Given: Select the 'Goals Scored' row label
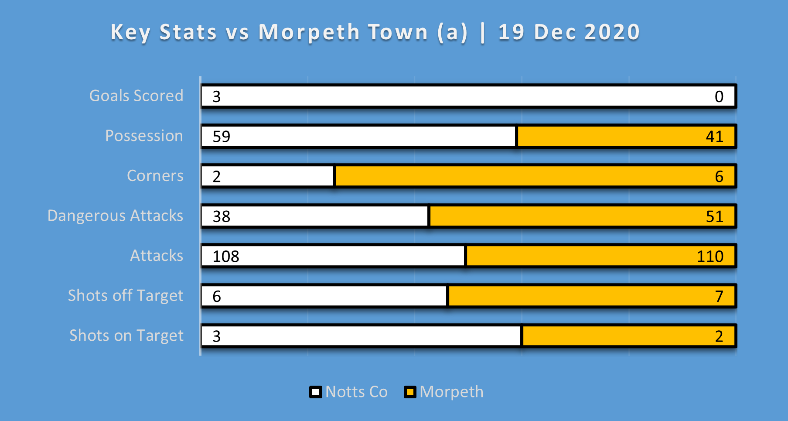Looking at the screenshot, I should point(136,96).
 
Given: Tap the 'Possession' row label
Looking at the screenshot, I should point(144,136).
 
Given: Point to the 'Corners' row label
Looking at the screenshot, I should point(155,175).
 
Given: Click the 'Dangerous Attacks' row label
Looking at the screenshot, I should point(115,216).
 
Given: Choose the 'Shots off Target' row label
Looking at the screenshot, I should point(126,295).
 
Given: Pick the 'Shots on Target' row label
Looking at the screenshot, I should point(126,335).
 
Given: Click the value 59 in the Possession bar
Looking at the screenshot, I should point(221,137).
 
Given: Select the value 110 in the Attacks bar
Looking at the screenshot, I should point(710,256).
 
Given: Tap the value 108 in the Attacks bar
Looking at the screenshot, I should point(226,256).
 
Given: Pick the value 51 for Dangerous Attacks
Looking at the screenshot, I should point(714,216).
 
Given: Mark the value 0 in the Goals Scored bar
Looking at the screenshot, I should point(719,96).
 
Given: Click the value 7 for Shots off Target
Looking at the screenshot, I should point(719,296).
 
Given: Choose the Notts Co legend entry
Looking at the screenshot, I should point(349,392).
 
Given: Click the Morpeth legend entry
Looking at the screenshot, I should point(444,392).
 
